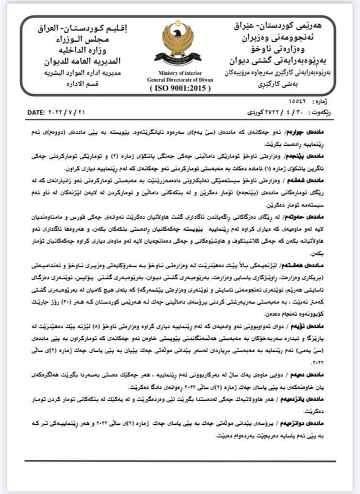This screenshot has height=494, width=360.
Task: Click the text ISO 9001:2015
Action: tap(178, 89)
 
